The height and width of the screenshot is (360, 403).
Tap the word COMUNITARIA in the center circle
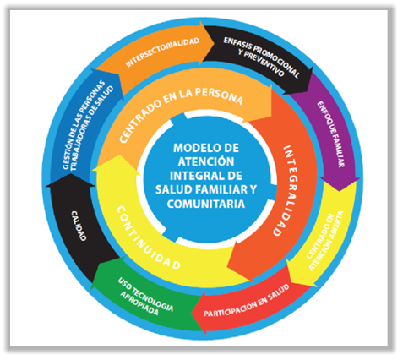[x=206, y=204]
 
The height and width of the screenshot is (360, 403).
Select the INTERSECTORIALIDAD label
[x=162, y=52]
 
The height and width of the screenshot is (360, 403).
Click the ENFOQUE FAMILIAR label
[x=331, y=134]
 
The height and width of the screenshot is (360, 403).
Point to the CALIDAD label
[x=79, y=226]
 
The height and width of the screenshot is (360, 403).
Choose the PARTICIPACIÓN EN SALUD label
[x=247, y=301]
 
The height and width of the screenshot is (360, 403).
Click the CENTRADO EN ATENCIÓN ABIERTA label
[x=324, y=241]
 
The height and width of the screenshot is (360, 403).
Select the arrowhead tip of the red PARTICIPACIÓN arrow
[x=192, y=314]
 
